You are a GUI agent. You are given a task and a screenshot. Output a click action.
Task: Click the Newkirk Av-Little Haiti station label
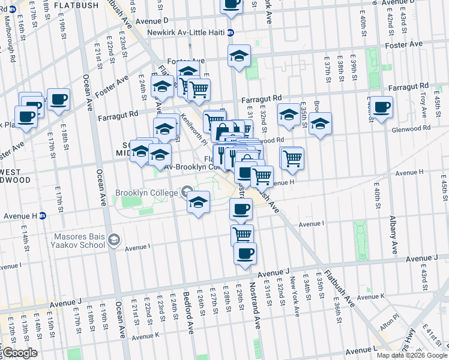click(187, 33)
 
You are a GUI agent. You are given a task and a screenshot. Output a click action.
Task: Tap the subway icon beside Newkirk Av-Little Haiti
click(231, 33)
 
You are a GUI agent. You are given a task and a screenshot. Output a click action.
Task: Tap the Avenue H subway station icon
click(43, 216)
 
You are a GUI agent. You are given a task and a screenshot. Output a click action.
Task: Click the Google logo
click(19, 353)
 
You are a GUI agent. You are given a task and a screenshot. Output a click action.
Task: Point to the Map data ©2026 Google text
click(411, 355)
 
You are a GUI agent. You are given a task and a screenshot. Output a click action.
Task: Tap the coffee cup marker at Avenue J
click(244, 254)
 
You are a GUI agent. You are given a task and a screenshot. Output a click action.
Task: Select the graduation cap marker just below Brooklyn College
click(198, 202)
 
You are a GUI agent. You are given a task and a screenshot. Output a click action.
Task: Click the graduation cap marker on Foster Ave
click(239, 56)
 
